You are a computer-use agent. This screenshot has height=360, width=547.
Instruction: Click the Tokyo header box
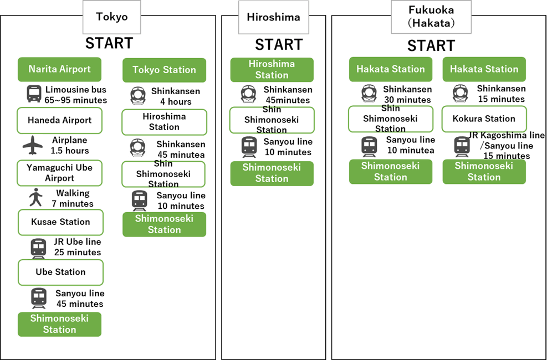(x=111, y=17)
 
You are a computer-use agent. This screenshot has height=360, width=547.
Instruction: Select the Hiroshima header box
(x=273, y=17)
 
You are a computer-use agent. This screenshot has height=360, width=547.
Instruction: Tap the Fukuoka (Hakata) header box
(x=431, y=17)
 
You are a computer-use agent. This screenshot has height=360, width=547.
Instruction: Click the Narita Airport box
(x=59, y=69)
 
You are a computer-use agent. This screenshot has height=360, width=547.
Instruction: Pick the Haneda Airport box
(x=59, y=120)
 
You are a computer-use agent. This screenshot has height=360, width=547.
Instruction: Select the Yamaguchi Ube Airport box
(x=59, y=173)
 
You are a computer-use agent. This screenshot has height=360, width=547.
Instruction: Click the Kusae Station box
(x=60, y=222)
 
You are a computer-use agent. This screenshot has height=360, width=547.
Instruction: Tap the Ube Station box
(x=60, y=272)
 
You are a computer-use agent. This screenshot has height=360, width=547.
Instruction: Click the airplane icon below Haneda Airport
(x=33, y=145)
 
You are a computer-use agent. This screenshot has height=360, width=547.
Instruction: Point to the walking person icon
(x=35, y=197)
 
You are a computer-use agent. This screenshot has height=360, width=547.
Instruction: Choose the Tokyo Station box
(x=164, y=70)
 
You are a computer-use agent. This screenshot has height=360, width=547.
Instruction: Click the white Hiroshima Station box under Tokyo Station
(x=164, y=122)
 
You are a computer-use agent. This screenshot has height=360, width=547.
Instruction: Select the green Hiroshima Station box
(x=272, y=69)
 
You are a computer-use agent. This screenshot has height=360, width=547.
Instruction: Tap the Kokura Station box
(x=484, y=119)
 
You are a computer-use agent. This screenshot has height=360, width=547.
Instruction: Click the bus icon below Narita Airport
(x=33, y=94)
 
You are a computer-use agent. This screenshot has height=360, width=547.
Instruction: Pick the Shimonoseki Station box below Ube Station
(x=59, y=324)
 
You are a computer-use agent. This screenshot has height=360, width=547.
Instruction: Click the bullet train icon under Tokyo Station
(x=137, y=96)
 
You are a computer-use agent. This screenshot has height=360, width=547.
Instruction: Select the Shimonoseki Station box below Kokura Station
(x=484, y=171)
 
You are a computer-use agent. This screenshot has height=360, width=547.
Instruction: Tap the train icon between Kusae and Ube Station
(x=38, y=247)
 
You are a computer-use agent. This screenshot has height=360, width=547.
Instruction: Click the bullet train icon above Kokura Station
(x=460, y=93)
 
